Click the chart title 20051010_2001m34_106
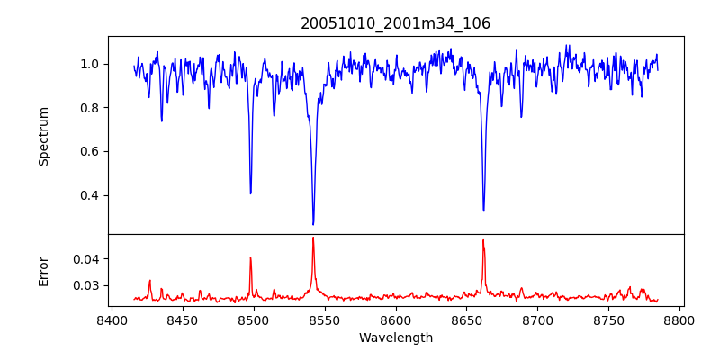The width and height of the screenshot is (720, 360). point(396,23)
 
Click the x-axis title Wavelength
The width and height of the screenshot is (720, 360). point(396,337)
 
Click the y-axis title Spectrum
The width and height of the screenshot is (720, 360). point(43,136)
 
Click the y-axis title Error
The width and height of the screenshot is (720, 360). point(43,271)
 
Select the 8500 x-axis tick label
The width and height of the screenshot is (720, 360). point(253,319)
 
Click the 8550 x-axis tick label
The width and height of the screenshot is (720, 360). point(324,319)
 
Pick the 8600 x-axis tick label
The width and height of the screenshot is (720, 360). point(395,319)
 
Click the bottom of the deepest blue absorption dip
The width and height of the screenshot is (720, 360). point(313,224)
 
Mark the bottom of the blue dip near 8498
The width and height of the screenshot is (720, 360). point(250,193)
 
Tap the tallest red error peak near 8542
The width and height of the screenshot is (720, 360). point(313,238)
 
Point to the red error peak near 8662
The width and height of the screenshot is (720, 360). point(483,240)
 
